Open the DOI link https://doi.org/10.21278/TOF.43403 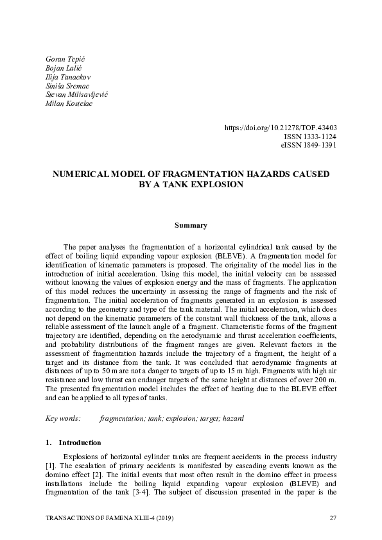point(281,128)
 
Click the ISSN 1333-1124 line point(310,137)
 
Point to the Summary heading point(191,225)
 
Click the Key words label point(62,418)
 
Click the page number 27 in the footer point(333,518)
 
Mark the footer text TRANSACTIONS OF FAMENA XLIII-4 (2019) point(110,518)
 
